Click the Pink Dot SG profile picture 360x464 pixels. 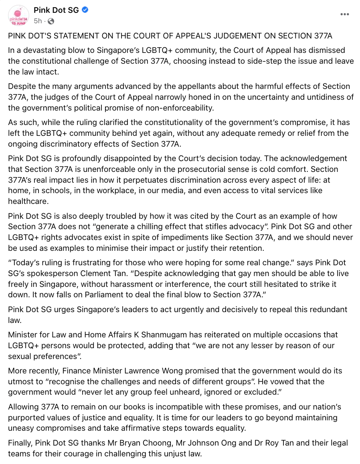coord(19,16)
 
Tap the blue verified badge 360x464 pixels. coord(85,10)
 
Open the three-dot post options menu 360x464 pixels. coord(344,14)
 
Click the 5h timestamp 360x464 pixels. coord(37,21)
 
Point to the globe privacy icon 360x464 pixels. coord(51,21)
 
